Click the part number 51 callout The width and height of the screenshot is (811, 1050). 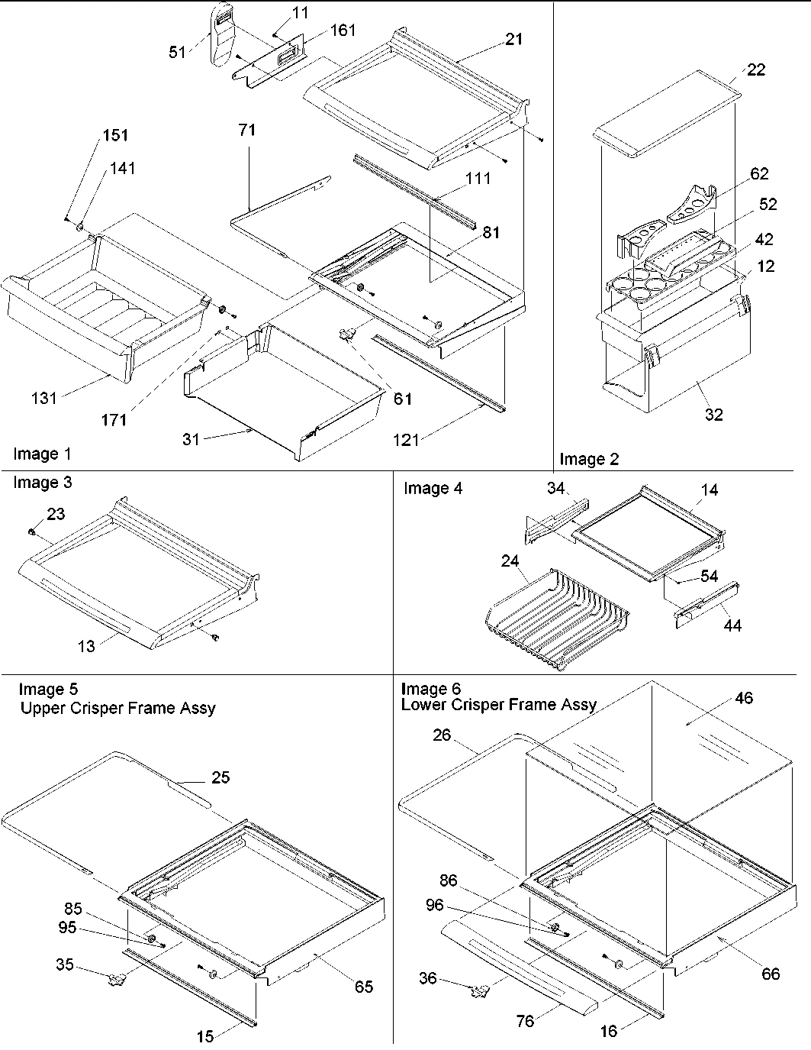[x=177, y=53]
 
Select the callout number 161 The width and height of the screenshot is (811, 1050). [x=343, y=31]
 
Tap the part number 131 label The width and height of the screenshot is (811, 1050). [x=44, y=398]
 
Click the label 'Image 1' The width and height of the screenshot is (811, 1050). [x=42, y=454]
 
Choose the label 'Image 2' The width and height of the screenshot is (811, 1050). [x=589, y=459]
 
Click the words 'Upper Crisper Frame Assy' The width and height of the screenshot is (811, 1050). [x=117, y=708]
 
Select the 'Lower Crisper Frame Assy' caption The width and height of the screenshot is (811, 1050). [x=499, y=705]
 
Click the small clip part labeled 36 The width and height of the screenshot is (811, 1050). [x=478, y=990]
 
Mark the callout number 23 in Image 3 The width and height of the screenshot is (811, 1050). [x=56, y=515]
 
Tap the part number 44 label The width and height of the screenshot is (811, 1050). [x=732, y=626]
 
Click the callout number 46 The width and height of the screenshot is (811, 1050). [x=744, y=697]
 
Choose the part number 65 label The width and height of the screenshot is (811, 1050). [x=363, y=987]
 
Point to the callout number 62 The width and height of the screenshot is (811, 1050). [x=758, y=174]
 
